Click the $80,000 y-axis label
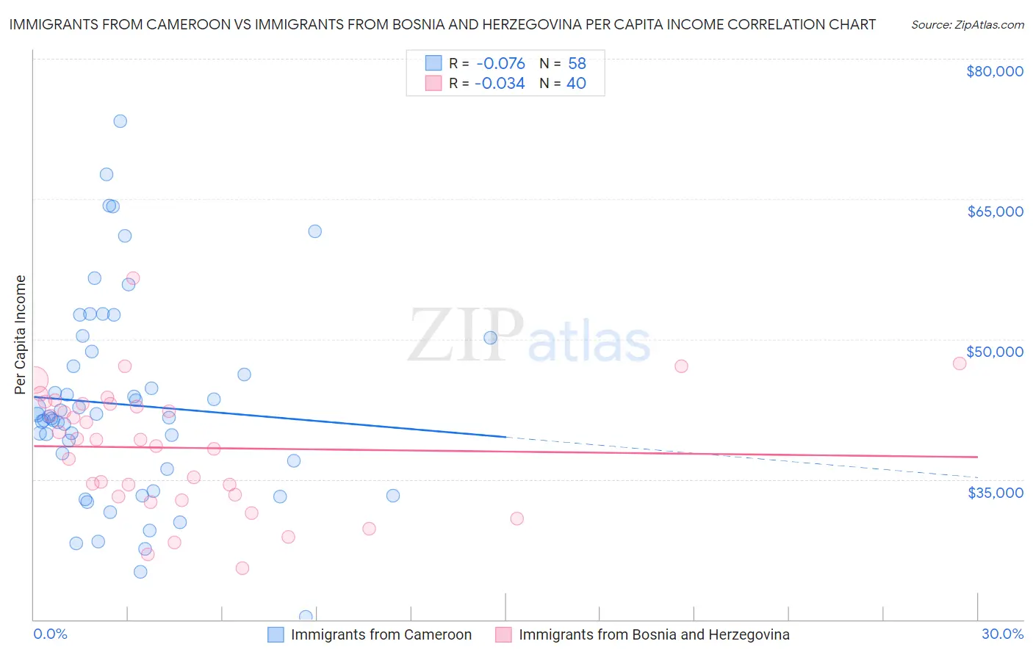click(995, 71)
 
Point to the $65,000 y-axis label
click(995, 211)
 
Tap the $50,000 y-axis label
click(995, 352)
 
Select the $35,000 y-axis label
click(995, 492)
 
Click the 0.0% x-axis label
click(50, 634)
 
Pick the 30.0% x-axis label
click(1002, 634)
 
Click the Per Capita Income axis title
click(21, 335)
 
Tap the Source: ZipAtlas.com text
click(967, 24)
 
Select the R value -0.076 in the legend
click(500, 64)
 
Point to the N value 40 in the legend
click(576, 84)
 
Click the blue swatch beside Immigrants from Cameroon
click(276, 634)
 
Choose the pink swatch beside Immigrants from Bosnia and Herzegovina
click(503, 634)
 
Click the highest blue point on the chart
click(120, 121)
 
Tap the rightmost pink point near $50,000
click(959, 363)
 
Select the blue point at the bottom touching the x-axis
click(306, 617)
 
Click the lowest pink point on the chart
click(242, 568)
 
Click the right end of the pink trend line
click(977, 457)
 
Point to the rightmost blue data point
click(490, 338)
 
